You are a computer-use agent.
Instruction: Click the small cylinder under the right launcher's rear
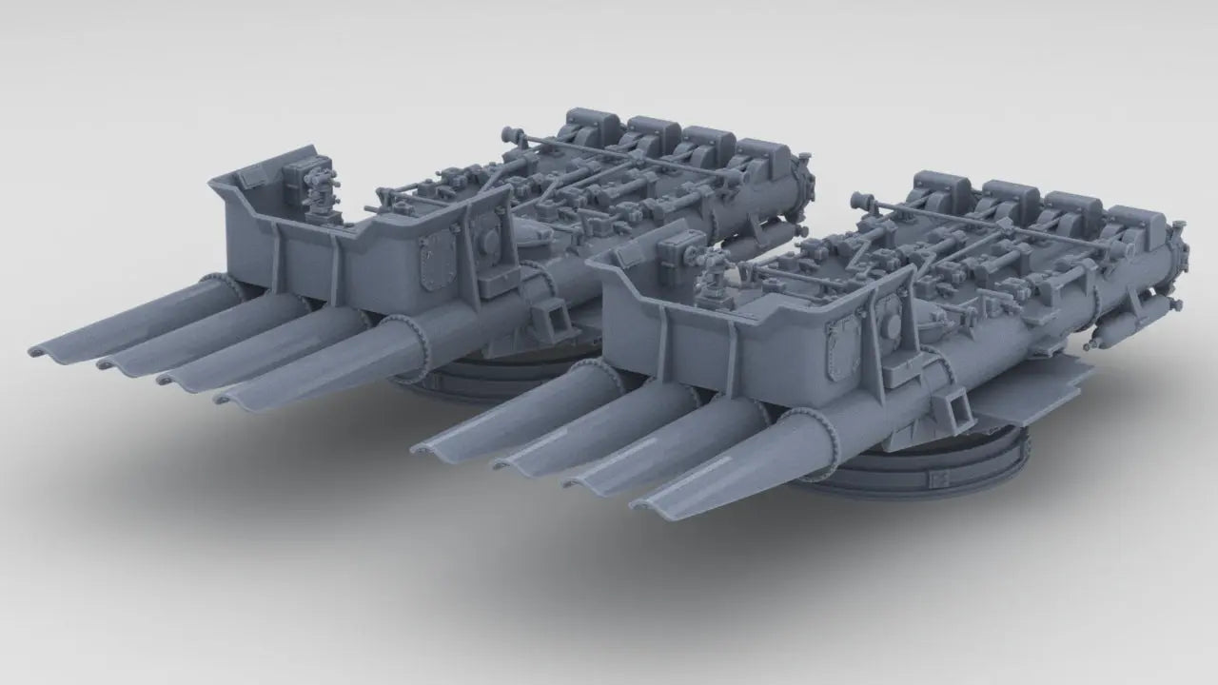click(1110, 334)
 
